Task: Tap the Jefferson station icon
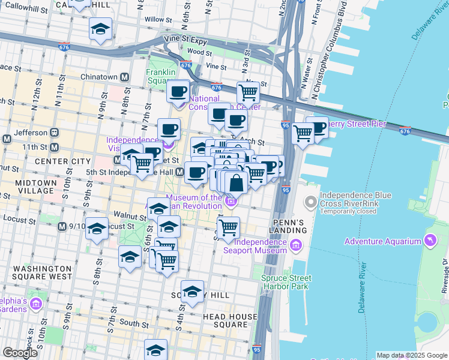click(54, 132)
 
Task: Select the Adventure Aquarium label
click(382, 241)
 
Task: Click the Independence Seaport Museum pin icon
click(295, 245)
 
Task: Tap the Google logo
click(20, 353)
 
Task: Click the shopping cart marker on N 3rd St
click(248, 93)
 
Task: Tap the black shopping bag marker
click(237, 182)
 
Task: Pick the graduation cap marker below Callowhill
click(100, 29)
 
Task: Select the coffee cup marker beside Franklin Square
click(178, 92)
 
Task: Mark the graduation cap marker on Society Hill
click(192, 292)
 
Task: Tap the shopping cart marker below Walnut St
click(229, 228)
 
